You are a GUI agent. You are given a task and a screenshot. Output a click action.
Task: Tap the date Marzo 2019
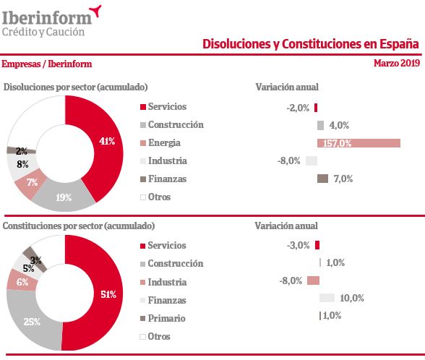[x=396, y=64]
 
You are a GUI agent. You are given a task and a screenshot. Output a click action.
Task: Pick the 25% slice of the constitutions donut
[x=33, y=322]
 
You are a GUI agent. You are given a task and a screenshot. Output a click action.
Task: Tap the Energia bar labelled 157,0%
[x=359, y=143]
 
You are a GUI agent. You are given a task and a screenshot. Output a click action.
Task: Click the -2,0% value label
[x=297, y=108]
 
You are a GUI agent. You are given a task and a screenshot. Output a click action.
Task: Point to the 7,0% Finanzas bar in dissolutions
[x=322, y=179]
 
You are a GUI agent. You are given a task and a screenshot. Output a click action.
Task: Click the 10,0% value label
[x=351, y=298]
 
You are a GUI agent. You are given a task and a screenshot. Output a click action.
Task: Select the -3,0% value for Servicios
[x=298, y=246]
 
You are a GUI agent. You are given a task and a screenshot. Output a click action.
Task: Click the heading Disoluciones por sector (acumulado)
[x=76, y=87]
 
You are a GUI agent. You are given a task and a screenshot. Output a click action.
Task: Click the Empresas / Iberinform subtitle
[x=46, y=64]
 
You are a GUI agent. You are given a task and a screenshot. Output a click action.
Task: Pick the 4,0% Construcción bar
[x=320, y=125]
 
